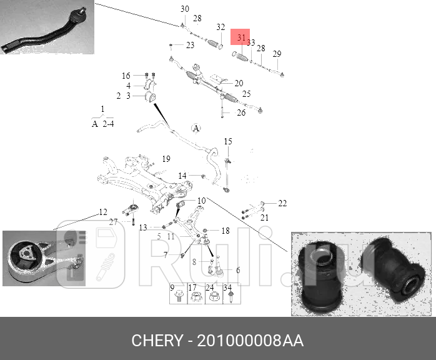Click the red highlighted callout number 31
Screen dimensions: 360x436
click(x=240, y=37)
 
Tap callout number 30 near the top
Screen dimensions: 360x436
click(x=184, y=9)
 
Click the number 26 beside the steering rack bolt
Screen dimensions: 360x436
click(x=241, y=113)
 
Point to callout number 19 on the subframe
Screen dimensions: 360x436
click(x=166, y=158)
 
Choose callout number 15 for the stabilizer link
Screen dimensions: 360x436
click(x=228, y=141)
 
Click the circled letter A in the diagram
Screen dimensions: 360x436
click(x=196, y=129)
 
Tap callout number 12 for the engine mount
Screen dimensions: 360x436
click(x=103, y=212)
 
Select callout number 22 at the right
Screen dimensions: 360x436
click(x=282, y=203)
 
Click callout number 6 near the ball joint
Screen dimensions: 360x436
click(x=237, y=271)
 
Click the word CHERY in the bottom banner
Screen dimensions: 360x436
click(x=156, y=341)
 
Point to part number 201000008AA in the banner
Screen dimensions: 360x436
click(x=250, y=341)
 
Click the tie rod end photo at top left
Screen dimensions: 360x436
click(x=47, y=28)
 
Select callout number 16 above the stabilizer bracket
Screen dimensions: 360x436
click(x=126, y=76)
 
